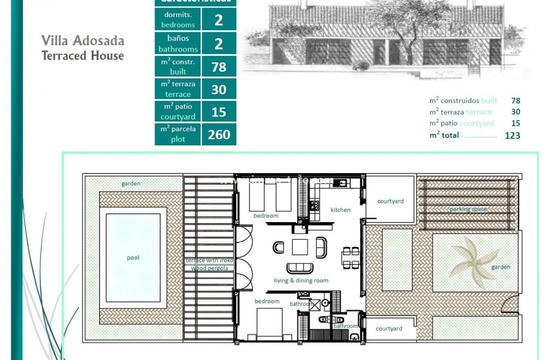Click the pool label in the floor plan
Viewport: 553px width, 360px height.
[x=133, y=258]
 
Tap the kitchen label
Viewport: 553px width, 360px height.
[x=340, y=210]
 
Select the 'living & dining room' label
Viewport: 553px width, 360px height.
[x=301, y=280]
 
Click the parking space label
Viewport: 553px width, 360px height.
[x=468, y=209]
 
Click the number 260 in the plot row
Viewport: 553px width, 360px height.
[x=219, y=135]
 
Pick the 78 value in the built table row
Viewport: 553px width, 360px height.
[x=219, y=67]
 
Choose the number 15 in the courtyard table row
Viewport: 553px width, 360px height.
[x=219, y=112]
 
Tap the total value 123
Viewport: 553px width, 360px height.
[x=512, y=135]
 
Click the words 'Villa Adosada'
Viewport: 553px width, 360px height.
[x=83, y=41]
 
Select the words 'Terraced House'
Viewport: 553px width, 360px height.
[x=83, y=55]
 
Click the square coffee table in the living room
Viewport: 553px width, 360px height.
[x=300, y=247]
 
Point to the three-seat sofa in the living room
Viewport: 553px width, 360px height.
[x=299, y=268]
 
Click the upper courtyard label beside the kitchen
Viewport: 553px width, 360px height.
[x=390, y=201]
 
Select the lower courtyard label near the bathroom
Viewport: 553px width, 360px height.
[x=389, y=329]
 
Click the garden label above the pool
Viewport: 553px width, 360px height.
[x=131, y=184]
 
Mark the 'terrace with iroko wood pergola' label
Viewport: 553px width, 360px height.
[x=209, y=264]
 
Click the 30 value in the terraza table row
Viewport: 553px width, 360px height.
[x=219, y=90]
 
